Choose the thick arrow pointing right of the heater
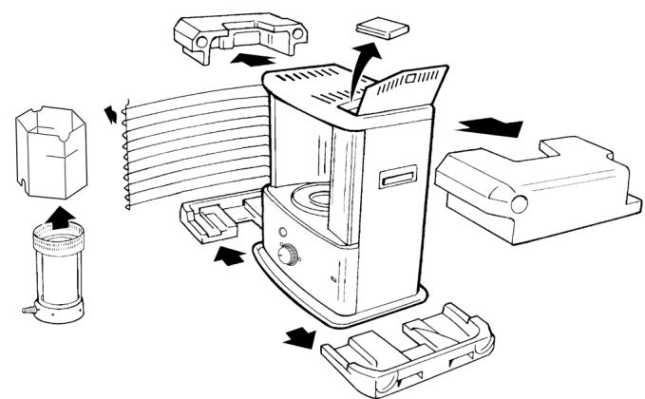point(490,126)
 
